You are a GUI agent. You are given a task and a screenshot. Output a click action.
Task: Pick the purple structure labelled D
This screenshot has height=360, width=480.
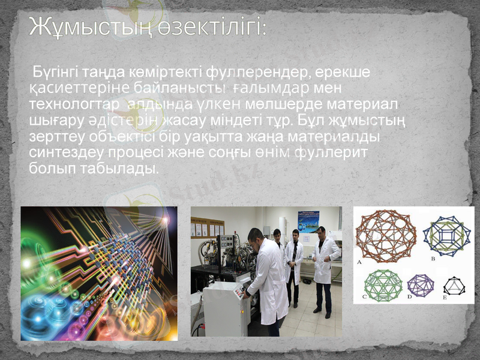point(421,284)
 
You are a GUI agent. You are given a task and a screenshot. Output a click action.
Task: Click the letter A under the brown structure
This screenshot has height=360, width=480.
point(359,262)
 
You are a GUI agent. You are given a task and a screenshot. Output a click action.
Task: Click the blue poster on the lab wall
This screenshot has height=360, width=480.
point(308,221)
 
